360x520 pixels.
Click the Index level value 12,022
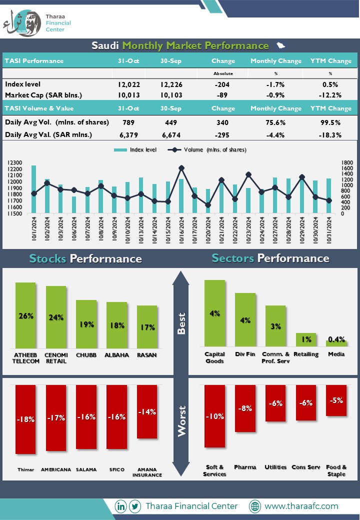click(128, 84)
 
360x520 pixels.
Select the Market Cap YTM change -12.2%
click(330, 95)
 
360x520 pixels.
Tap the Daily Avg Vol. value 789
click(128, 122)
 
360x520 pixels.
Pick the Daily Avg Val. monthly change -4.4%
click(275, 135)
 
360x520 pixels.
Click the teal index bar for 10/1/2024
click(34, 189)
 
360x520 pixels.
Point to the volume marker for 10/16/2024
click(181, 168)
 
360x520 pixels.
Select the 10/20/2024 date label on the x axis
click(208, 230)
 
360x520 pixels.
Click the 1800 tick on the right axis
click(347, 162)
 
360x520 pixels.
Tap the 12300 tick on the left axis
click(14, 162)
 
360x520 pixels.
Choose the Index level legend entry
click(135, 150)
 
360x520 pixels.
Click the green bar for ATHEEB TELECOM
click(25, 315)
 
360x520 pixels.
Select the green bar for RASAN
click(147, 327)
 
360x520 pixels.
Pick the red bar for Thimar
click(25, 419)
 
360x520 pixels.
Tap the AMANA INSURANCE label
click(147, 472)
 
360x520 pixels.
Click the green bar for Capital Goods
click(215, 313)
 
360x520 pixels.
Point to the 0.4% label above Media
click(336, 339)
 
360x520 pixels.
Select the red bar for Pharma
click(245, 408)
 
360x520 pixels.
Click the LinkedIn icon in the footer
click(120, 506)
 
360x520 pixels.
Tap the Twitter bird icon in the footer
click(135, 506)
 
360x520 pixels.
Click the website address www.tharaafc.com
click(301, 506)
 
